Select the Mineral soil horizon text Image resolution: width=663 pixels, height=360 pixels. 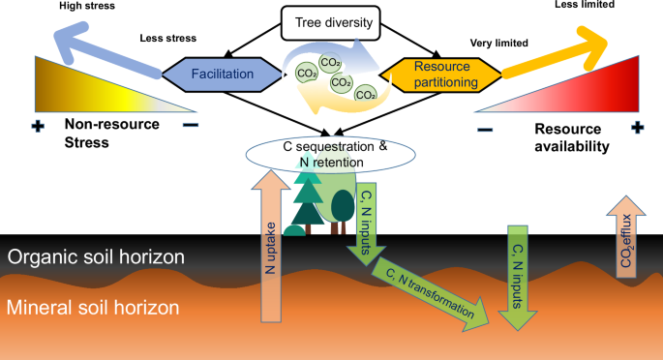91,309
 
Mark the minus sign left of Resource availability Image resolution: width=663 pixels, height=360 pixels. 485,130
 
